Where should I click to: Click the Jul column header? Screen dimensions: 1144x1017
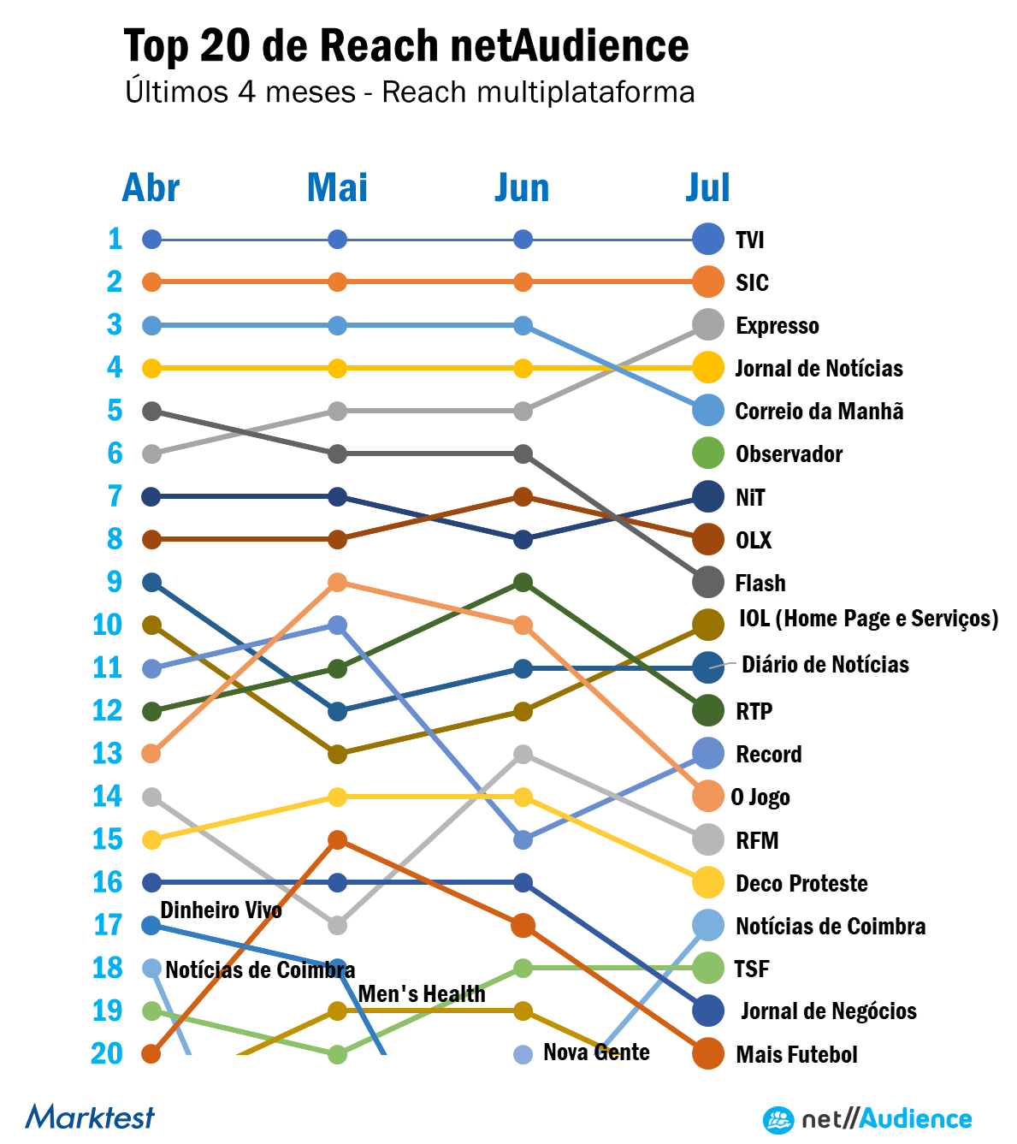point(707,188)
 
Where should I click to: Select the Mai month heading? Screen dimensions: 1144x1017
point(337,188)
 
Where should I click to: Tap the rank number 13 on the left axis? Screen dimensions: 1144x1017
point(108,754)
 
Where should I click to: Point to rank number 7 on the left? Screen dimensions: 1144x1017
point(115,496)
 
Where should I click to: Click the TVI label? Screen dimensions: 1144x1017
point(750,240)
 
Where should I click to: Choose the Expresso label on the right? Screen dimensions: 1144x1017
point(777,326)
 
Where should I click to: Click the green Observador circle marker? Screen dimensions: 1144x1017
point(708,453)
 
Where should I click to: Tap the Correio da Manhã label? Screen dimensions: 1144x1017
point(819,412)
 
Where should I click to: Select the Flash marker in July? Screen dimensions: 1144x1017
point(708,583)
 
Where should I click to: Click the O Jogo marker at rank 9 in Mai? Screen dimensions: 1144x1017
point(338,583)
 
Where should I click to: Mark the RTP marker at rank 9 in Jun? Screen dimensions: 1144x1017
point(523,583)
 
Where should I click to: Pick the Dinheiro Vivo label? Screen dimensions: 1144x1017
point(221,910)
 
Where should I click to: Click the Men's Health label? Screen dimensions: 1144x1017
point(422,994)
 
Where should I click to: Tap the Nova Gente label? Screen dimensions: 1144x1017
point(596,1052)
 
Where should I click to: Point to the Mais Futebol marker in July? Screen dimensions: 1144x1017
point(708,1054)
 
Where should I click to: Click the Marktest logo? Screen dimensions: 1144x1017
point(90,1117)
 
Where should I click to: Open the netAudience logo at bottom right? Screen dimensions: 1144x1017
point(867,1119)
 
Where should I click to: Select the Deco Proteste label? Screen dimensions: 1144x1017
point(801,883)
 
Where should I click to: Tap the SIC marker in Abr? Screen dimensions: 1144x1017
point(151,282)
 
